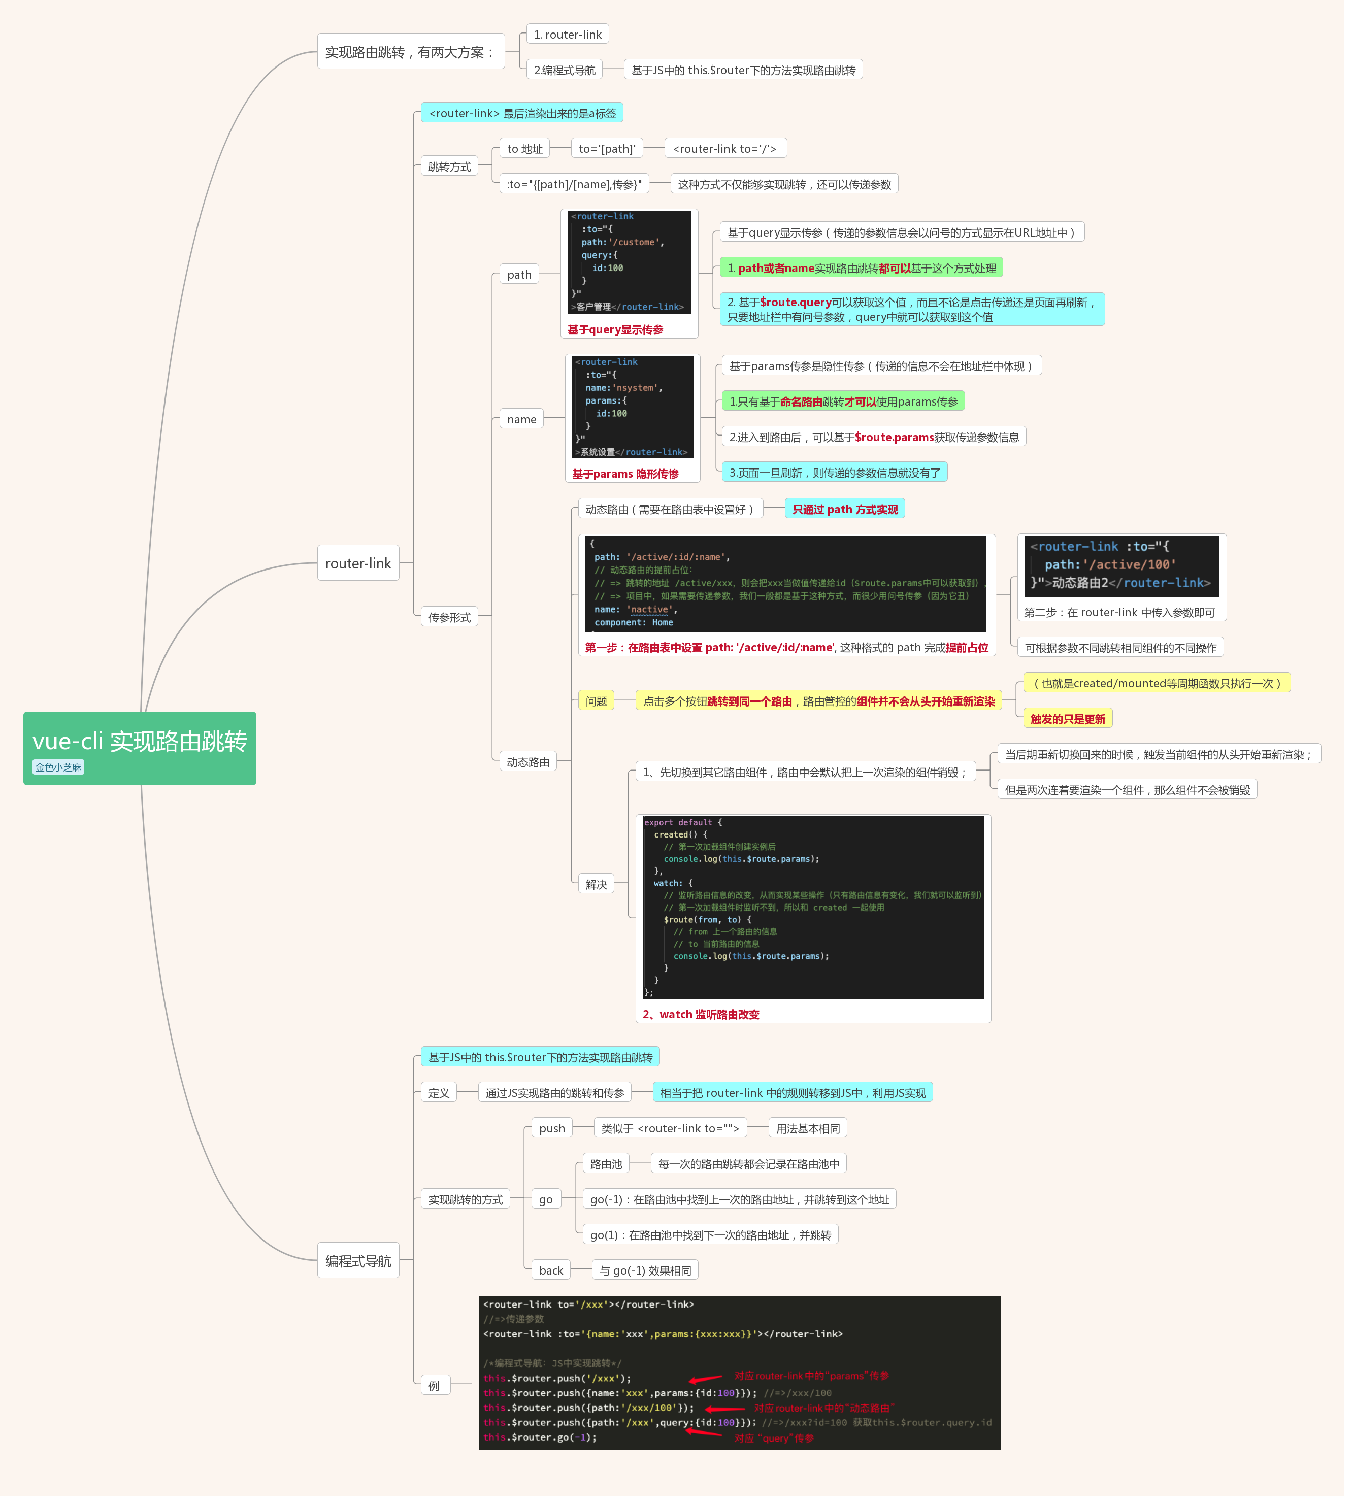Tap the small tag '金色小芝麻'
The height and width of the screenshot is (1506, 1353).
tap(58, 767)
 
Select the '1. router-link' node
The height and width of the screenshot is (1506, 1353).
tap(568, 34)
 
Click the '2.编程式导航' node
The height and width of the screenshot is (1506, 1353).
tap(564, 70)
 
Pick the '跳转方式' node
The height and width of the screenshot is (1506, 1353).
tap(449, 166)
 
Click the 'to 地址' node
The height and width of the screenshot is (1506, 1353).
tap(525, 149)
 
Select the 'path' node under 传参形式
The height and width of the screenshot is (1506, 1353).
tap(519, 274)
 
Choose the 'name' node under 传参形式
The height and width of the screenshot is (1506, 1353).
tap(521, 419)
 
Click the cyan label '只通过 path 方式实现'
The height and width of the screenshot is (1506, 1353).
tap(844, 509)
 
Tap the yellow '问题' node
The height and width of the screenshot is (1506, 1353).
tap(596, 701)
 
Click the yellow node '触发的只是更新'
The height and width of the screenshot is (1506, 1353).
tap(1067, 719)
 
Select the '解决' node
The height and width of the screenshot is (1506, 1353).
tap(596, 885)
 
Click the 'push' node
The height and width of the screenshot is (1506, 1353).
tap(551, 1128)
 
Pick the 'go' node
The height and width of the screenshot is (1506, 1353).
tap(546, 1200)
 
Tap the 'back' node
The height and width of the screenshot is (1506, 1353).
tap(551, 1270)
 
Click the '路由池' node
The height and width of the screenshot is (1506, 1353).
tap(606, 1164)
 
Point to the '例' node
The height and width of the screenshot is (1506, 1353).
tap(434, 1386)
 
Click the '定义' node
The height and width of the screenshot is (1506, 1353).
tap(439, 1093)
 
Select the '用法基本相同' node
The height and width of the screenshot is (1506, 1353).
tap(807, 1128)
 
